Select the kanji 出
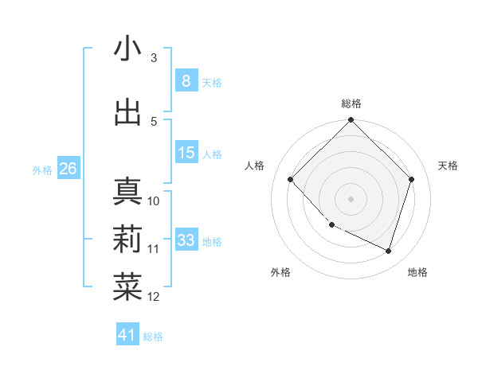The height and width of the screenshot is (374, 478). pyautogui.click(x=127, y=112)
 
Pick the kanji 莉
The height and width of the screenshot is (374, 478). pyautogui.click(x=127, y=240)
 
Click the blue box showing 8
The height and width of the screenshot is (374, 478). pyautogui.click(x=186, y=80)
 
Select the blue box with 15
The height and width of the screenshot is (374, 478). pyautogui.click(x=186, y=153)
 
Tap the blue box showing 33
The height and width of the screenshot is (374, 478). pyautogui.click(x=186, y=240)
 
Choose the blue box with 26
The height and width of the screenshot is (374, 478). pyautogui.click(x=68, y=169)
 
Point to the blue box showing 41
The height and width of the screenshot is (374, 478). pyautogui.click(x=127, y=335)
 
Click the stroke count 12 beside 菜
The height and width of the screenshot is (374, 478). pyautogui.click(x=154, y=297)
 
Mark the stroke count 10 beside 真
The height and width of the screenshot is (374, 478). pyautogui.click(x=154, y=201)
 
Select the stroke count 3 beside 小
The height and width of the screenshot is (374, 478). pyautogui.click(x=154, y=58)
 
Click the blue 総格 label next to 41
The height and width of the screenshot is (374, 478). pyautogui.click(x=153, y=337)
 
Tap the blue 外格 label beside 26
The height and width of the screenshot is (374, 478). pyautogui.click(x=42, y=169)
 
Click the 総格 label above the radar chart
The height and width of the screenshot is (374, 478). pyautogui.click(x=351, y=103)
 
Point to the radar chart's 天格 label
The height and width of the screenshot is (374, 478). pyautogui.click(x=448, y=166)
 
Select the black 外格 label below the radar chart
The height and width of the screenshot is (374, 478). pyautogui.click(x=280, y=273)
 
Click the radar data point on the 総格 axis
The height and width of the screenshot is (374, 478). pyautogui.click(x=351, y=121)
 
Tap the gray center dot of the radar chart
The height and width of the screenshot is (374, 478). pyautogui.click(x=351, y=198)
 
